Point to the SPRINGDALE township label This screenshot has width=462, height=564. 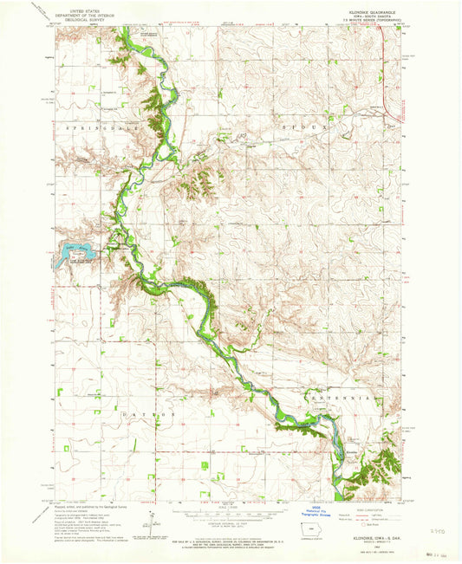[95, 126]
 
